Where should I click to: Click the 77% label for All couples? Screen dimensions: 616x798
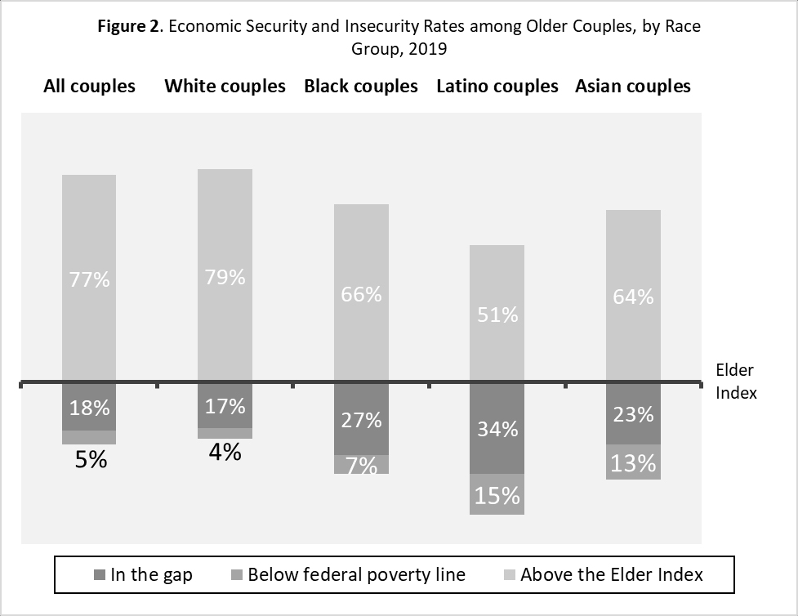coord(89,279)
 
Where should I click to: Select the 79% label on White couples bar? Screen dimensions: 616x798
coord(225,277)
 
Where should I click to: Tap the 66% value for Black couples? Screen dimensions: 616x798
coord(361,294)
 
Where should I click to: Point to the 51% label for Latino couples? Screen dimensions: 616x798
coord(497,315)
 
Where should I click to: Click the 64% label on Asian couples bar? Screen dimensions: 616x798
coord(633,297)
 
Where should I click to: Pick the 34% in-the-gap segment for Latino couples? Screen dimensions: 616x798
coord(497,428)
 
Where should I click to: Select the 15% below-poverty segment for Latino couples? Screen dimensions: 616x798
coord(497,495)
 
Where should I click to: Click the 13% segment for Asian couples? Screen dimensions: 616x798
coord(633,463)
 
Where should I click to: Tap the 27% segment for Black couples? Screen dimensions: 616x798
coord(361,420)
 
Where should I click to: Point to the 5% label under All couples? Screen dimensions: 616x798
coord(91,460)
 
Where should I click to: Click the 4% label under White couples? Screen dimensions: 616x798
coord(225,452)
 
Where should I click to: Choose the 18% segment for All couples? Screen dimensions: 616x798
coord(89,408)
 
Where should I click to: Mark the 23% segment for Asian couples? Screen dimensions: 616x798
coord(633,414)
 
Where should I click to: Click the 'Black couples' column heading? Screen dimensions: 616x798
coord(361,86)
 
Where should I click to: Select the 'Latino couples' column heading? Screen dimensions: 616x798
coord(497,86)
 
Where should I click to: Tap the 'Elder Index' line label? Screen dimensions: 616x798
coord(736,382)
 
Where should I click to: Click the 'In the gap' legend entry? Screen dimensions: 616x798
coord(144,574)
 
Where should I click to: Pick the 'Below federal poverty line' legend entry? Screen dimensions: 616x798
coord(348,574)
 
